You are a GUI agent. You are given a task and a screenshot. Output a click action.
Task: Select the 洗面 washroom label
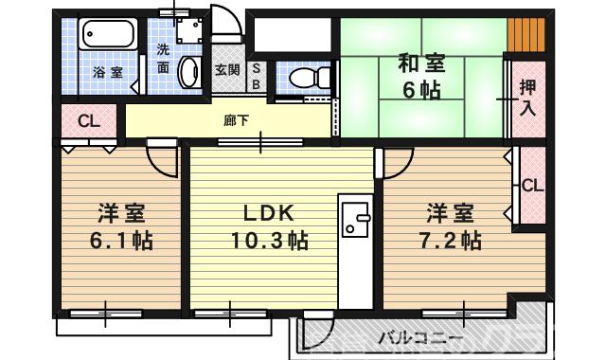click(x=163, y=59)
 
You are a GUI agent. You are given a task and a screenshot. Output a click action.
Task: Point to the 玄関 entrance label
click(x=227, y=69)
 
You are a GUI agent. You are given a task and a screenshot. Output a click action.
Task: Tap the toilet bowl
click(x=304, y=77)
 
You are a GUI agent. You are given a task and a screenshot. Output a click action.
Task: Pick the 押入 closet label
click(x=527, y=96)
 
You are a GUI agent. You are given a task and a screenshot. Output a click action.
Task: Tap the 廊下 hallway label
click(x=236, y=120)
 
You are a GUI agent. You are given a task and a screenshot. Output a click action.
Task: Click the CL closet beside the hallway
click(x=88, y=121)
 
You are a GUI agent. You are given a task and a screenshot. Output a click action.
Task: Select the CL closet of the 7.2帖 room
click(x=532, y=186)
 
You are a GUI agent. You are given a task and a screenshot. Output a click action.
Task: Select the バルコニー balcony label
click(x=420, y=338)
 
